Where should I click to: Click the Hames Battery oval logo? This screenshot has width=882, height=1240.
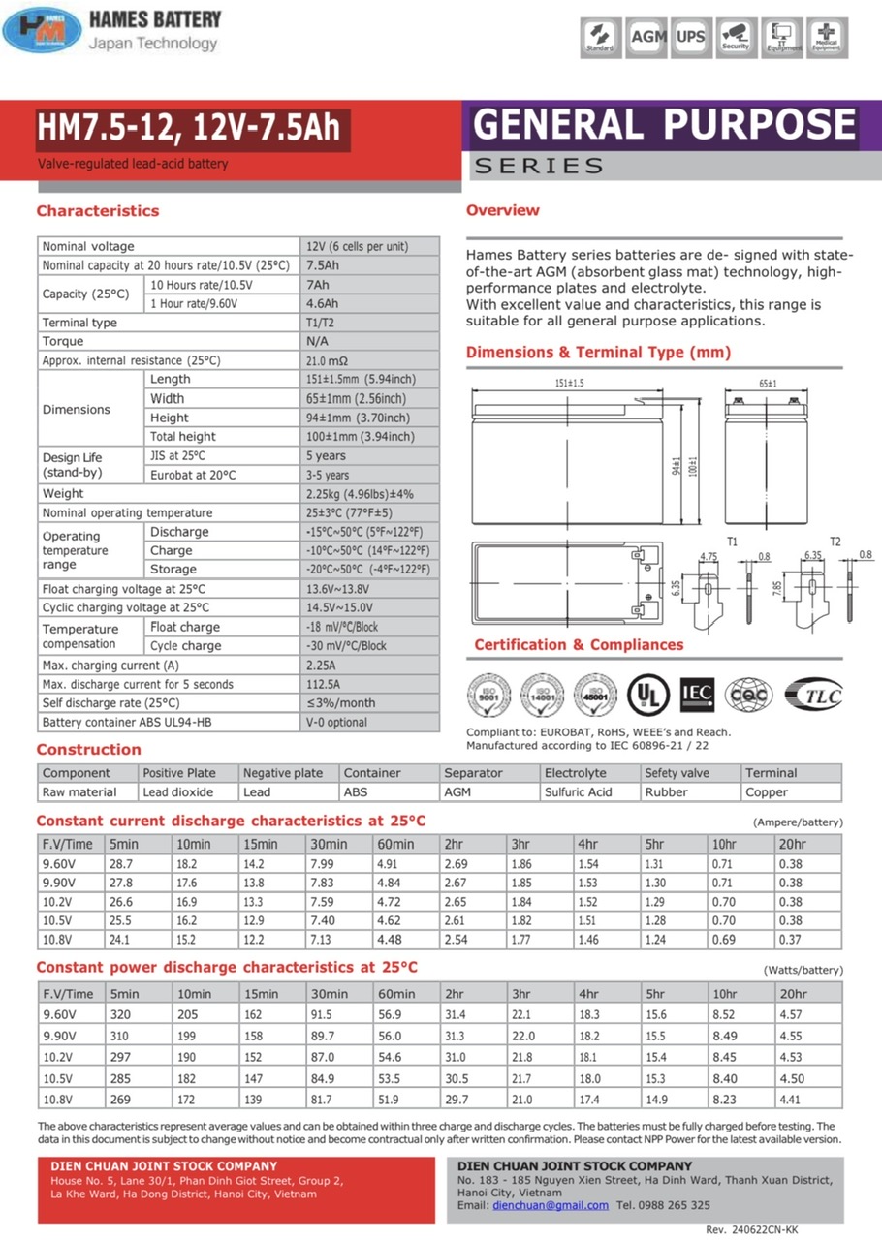tap(42, 29)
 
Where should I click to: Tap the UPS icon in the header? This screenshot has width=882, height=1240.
tap(691, 36)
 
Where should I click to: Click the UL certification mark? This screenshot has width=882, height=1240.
tap(647, 694)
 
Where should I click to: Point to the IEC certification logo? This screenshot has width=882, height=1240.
tap(698, 694)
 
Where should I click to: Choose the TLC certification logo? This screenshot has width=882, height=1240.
tap(813, 694)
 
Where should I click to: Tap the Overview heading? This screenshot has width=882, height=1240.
tap(503, 210)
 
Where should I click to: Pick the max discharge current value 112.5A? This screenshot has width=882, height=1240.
tap(324, 684)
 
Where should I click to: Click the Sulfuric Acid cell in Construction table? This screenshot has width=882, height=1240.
tap(578, 791)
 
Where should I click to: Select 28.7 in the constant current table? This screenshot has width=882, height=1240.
tap(121, 862)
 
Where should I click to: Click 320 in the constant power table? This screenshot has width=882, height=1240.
tap(120, 1014)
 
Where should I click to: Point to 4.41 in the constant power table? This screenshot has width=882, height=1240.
tap(791, 1099)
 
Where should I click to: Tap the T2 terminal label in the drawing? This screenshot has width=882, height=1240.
tap(835, 540)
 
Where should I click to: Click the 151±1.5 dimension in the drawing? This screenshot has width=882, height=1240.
tap(569, 384)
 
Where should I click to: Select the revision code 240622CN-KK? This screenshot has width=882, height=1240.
tap(766, 1228)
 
